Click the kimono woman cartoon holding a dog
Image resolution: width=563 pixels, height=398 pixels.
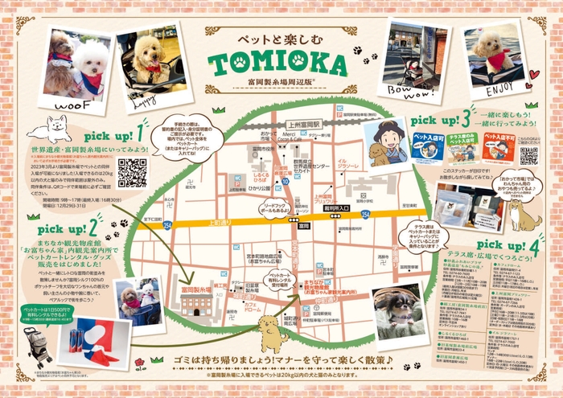[x=384, y=142]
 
